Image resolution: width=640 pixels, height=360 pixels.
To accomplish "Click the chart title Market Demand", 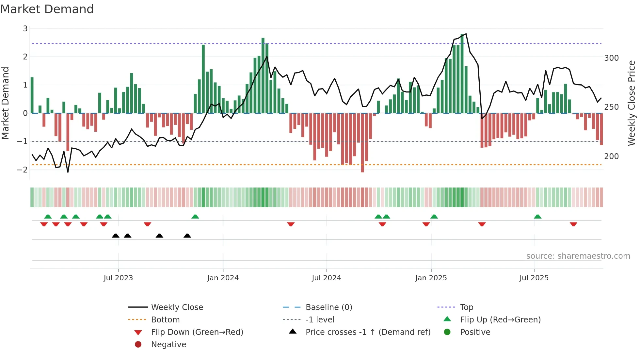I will pos(47,9).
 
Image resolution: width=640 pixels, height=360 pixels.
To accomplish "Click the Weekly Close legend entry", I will pos(177,307).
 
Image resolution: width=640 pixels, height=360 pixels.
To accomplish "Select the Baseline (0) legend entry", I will pos(328,307).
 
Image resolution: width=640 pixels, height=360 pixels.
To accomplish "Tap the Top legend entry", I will pos(466,307).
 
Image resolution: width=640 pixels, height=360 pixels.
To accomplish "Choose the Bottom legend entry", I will pos(165,319).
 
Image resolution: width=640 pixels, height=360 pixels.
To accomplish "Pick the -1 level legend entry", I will pos(320,319).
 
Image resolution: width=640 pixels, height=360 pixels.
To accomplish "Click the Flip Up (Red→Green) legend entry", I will pos(500,319).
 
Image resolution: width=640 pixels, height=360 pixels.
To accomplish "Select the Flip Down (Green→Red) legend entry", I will pos(197,332).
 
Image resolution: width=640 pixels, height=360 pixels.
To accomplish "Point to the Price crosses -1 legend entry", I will pos(368,332).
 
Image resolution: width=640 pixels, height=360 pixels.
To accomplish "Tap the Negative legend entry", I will pos(168,344).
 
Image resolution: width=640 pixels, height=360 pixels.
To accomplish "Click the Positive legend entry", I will pos(475,332).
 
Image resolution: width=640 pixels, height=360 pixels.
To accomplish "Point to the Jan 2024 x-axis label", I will pos(223,278).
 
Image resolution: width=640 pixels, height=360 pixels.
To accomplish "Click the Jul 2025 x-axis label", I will pos(534,278).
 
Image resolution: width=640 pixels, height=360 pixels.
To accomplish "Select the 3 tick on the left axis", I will pos(25,29).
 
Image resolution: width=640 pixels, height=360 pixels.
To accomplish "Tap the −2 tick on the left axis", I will pos(22,170).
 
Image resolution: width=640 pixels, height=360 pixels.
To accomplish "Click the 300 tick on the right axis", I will pos(611,58).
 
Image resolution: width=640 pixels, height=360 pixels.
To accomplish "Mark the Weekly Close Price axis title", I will pos(632,103).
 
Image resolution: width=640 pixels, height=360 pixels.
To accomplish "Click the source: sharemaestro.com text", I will pos(578,256).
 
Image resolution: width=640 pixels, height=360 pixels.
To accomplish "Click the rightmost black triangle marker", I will pos(187,236).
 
